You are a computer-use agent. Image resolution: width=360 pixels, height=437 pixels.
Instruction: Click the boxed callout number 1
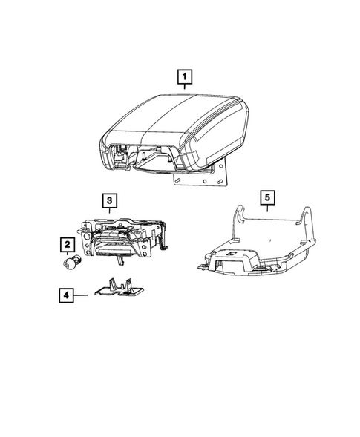tap(182, 76)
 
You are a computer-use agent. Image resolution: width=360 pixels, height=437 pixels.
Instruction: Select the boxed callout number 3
tap(108, 200)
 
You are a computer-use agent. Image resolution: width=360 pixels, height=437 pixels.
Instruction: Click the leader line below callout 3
tap(108, 212)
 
